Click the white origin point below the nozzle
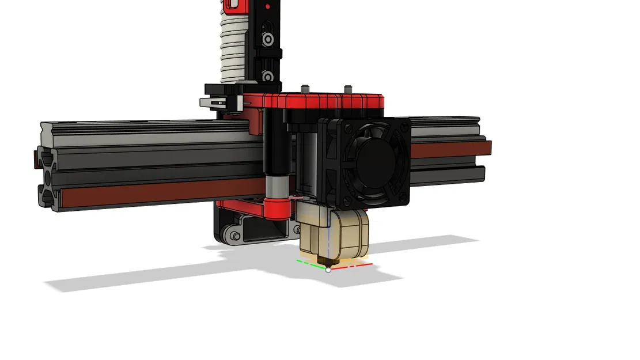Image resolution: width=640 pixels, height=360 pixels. coord(328,269)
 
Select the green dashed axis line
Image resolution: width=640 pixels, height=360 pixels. coord(307,262)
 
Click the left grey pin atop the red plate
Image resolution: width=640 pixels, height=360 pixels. coord(305,89)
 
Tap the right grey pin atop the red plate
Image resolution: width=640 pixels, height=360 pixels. coord(347,88)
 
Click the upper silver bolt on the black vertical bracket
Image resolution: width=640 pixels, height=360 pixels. coord(268,39)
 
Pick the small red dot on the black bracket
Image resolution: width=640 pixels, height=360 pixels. coord(266,7)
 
